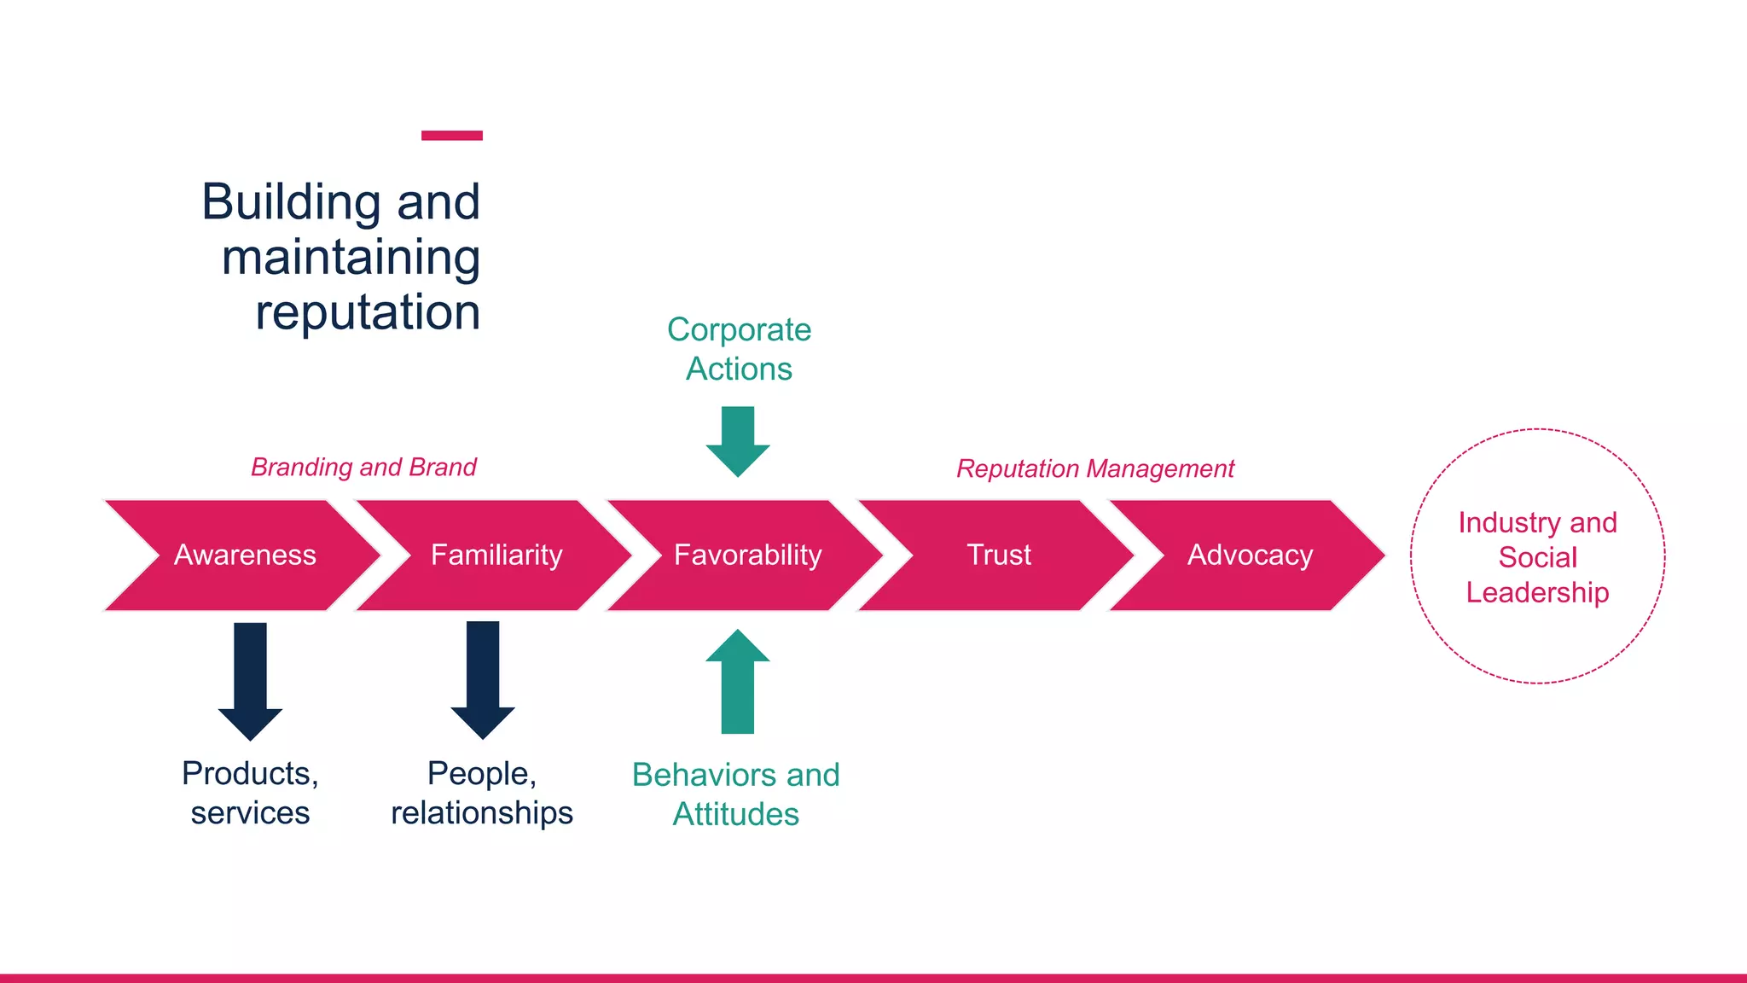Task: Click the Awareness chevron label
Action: pyautogui.click(x=245, y=555)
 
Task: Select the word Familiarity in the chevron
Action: pyautogui.click(x=496, y=555)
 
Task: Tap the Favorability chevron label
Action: pyautogui.click(x=747, y=555)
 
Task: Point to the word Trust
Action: pyautogui.click(x=999, y=555)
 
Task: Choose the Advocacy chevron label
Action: pyautogui.click(x=1250, y=555)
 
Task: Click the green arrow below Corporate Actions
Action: pyautogui.click(x=738, y=440)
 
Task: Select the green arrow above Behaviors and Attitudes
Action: pyautogui.click(x=738, y=682)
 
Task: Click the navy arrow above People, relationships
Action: pyautogui.click(x=483, y=679)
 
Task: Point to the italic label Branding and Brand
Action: pyautogui.click(x=363, y=468)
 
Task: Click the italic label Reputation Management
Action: pyautogui.click(x=1095, y=469)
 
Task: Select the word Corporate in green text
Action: pyautogui.click(x=739, y=330)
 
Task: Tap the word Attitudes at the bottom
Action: pyautogui.click(x=736, y=815)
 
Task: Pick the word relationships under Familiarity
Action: pyautogui.click(x=482, y=813)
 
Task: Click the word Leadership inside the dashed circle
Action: pyautogui.click(x=1537, y=593)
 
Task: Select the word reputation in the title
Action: pyautogui.click(x=368, y=312)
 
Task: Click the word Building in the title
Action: pyautogui.click(x=291, y=202)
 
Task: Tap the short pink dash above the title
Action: pyautogui.click(x=452, y=136)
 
